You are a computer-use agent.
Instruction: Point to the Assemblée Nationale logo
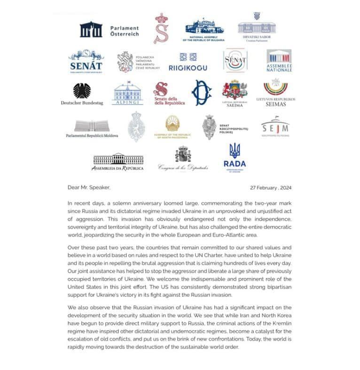click(x=279, y=62)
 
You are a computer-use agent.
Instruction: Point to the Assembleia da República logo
click(x=118, y=161)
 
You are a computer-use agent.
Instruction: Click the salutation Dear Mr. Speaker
click(x=89, y=187)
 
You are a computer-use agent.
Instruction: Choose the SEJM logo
click(x=275, y=126)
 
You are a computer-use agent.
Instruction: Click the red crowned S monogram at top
click(x=162, y=29)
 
